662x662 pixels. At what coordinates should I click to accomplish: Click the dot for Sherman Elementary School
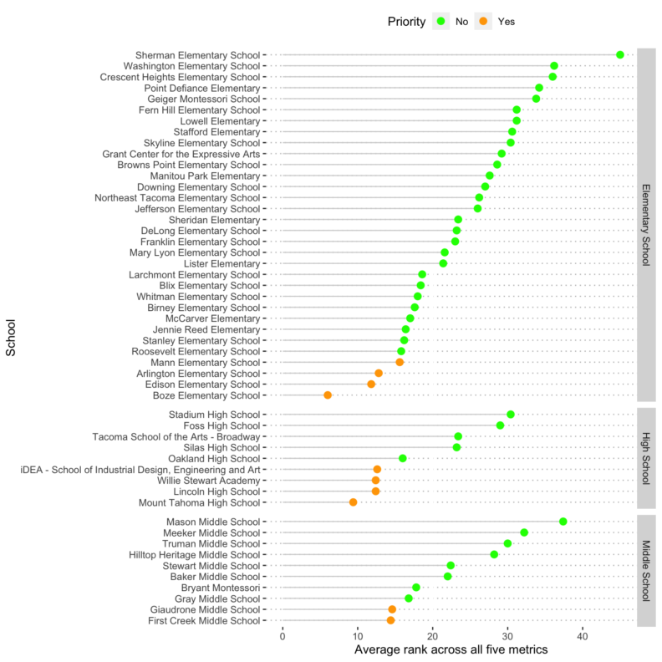tap(620, 55)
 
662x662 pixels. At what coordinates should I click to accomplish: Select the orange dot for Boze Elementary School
tap(328, 395)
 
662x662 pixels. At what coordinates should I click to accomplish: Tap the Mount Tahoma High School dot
tap(353, 502)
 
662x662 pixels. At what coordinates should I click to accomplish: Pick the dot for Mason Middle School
tap(563, 522)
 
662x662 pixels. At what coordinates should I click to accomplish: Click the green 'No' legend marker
tap(439, 21)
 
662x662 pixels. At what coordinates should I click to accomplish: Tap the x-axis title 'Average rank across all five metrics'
tap(451, 650)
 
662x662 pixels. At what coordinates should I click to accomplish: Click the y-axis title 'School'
tap(11, 340)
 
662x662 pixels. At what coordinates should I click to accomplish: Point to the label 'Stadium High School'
tap(215, 415)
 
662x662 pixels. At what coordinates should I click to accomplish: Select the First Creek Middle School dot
tap(390, 621)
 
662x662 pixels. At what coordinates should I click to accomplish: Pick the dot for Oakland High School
tap(403, 459)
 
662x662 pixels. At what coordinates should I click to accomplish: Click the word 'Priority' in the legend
tap(405, 21)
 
